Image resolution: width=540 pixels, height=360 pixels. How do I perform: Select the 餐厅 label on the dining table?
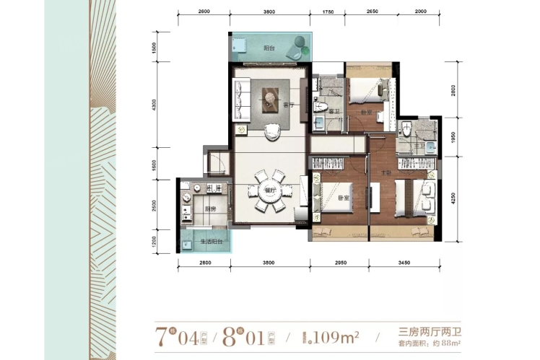click(250, 190)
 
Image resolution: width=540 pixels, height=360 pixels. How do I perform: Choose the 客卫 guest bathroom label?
click(334, 112)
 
